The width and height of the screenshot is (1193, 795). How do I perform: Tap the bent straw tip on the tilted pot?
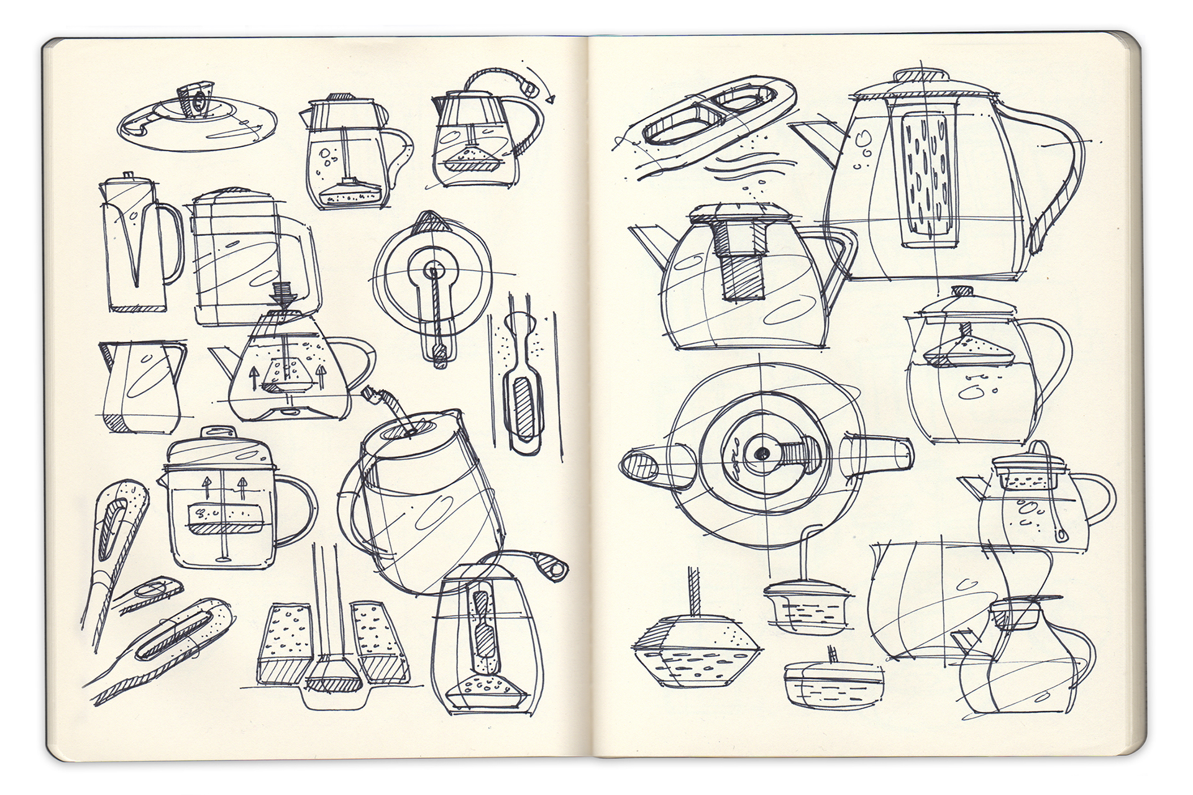coord(371,394)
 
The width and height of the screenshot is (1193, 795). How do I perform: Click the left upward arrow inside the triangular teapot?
coord(254,376)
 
